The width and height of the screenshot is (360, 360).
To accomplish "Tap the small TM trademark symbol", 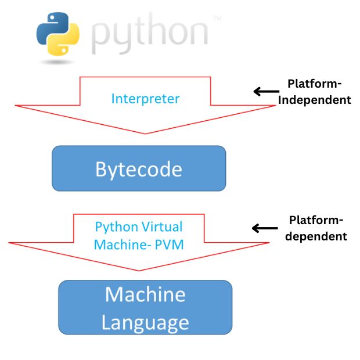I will click(217, 19).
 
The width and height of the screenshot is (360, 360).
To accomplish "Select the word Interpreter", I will click(145, 98).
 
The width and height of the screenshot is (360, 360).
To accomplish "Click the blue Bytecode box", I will click(139, 168).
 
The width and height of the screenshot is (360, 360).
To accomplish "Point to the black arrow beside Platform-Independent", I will click(265, 91).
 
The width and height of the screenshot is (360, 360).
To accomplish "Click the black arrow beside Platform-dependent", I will click(264, 228).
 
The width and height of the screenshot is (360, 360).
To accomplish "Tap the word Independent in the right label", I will click(315, 99).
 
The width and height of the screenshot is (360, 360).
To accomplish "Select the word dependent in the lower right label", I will click(318, 236).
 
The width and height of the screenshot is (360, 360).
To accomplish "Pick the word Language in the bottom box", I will click(145, 322).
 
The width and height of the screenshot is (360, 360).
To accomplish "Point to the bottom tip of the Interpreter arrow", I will click(145, 133).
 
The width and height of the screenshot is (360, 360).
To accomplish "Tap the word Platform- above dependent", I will click(316, 221).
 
